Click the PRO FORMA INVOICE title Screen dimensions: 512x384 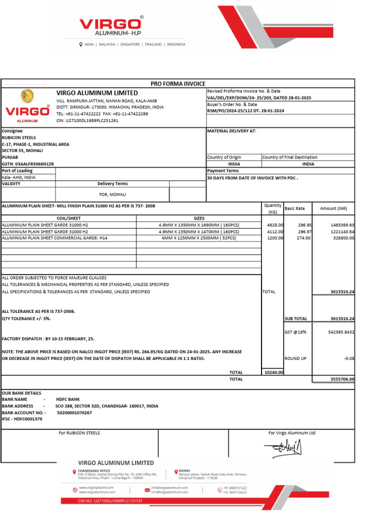(x=178, y=83)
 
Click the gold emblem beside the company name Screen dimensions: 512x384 (x=27, y=96)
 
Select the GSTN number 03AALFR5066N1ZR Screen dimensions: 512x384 (x=28, y=164)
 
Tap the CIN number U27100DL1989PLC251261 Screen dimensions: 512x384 (x=87, y=120)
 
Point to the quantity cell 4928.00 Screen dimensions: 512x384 (x=275, y=225)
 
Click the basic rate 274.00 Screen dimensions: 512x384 (x=303, y=238)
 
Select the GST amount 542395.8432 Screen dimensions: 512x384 (x=338, y=331)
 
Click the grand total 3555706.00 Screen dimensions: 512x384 (x=342, y=379)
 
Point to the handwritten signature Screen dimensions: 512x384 (x=288, y=448)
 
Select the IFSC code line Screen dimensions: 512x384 (x=22, y=419)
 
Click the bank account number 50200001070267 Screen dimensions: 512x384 (x=74, y=412)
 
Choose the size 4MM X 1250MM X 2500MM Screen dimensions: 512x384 (x=198, y=238)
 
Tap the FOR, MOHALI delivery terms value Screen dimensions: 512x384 (x=113, y=194)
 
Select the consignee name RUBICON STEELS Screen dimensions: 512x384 (x=19, y=137)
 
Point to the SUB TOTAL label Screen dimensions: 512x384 (x=295, y=318)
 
